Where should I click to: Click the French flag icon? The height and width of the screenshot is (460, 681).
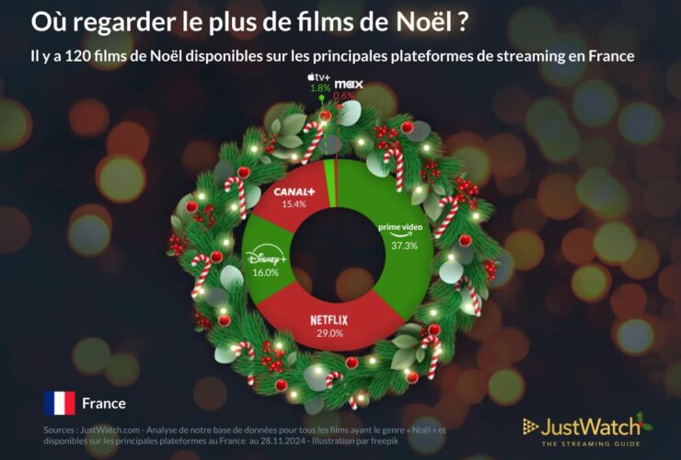pos(60,403)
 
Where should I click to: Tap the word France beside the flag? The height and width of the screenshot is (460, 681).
pos(104,403)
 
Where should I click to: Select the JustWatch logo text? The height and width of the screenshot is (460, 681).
pos(590,426)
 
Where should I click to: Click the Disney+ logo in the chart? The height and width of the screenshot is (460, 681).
pos(266,259)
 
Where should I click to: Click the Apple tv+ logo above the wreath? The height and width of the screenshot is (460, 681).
pos(318,76)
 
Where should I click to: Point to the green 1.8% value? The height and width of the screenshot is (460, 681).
pos(319,88)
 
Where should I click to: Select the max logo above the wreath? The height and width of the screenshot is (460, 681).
pos(348,85)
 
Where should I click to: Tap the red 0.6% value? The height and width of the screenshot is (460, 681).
pos(344,96)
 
